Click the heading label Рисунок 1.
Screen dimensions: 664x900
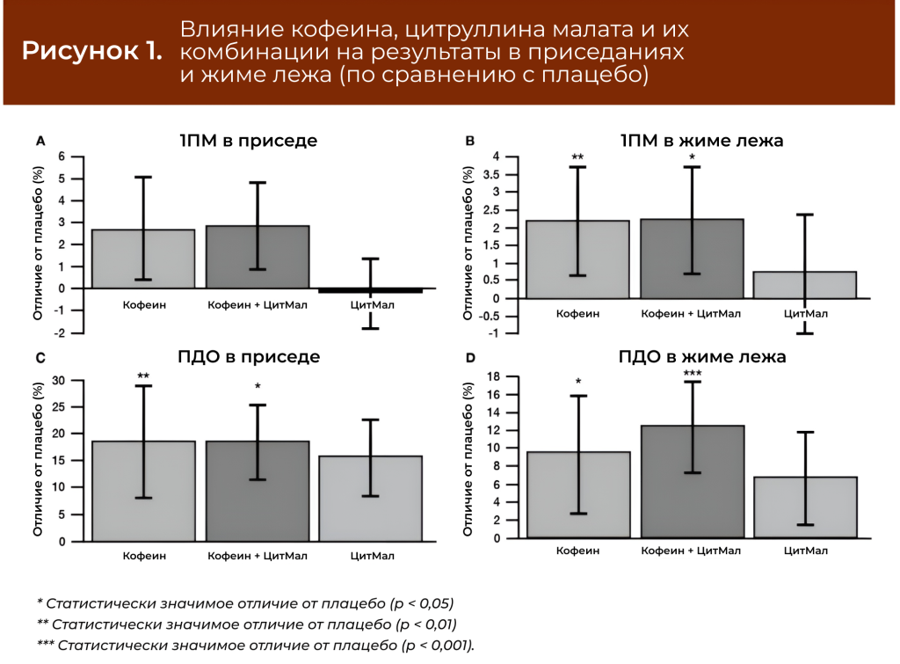click(92, 51)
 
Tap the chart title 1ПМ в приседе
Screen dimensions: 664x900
click(249, 141)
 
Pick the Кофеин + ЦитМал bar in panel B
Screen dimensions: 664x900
click(692, 259)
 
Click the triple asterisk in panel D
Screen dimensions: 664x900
click(692, 374)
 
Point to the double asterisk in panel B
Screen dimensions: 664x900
click(577, 158)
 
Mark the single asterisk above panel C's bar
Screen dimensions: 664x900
click(258, 387)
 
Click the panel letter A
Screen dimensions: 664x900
click(40, 141)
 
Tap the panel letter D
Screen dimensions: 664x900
click(470, 358)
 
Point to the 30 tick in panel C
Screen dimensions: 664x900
click(61, 380)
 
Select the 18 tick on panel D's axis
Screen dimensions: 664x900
click(493, 376)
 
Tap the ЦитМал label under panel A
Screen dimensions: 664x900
click(371, 306)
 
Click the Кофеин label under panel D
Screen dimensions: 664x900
click(578, 551)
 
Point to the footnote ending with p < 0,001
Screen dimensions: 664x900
click(255, 646)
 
